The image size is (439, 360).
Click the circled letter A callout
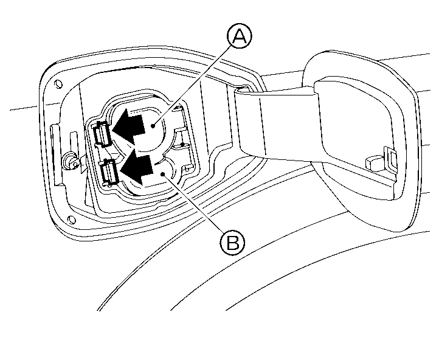tap(240, 36)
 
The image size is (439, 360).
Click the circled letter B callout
tap(232, 243)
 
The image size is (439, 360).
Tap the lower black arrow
tap(137, 167)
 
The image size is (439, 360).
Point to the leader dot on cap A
tap(153, 126)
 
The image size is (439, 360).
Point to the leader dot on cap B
tap(163, 175)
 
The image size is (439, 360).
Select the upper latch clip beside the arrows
tap(102, 134)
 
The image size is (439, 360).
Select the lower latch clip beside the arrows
tap(109, 171)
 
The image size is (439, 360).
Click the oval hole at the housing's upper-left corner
tap(59, 84)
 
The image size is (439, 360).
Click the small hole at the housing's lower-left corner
tap(72, 219)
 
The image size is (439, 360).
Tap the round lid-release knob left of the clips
tap(70, 161)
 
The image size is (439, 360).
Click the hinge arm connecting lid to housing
tap(277, 123)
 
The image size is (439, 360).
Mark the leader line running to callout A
tap(193, 86)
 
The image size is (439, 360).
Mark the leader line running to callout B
tap(193, 203)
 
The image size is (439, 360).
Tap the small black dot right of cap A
tap(182, 145)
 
